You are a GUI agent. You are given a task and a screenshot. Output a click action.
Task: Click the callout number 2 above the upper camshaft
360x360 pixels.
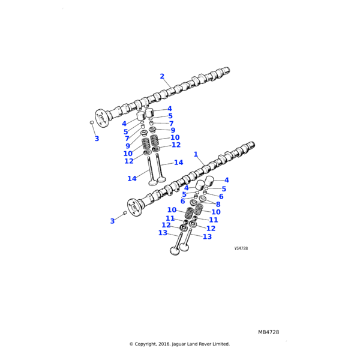coord(162,76)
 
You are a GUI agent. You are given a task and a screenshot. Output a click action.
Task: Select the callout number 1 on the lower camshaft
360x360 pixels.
coord(196,154)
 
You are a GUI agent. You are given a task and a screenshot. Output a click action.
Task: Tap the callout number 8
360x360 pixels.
coord(218,204)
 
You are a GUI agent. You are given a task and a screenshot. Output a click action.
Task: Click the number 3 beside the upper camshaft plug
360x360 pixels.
coord(97,139)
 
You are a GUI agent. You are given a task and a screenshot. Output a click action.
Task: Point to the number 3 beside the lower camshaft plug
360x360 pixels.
coord(112,221)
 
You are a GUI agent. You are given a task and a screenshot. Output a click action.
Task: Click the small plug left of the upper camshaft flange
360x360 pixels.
coord(92,122)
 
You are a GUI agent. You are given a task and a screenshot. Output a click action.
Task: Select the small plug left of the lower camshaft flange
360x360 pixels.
coord(125,213)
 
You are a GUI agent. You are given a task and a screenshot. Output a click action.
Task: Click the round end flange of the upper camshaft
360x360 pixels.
coord(100,117)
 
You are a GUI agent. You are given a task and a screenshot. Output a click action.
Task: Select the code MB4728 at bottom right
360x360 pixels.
coord(269,332)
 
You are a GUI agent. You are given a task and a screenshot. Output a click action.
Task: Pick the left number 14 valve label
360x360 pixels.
coord(132,178)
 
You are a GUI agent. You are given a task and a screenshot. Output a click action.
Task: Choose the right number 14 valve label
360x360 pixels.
coord(178,163)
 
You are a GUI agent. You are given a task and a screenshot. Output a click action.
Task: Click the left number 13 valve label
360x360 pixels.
coord(163,233)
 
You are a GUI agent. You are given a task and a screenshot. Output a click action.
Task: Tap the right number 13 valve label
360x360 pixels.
coord(207,237)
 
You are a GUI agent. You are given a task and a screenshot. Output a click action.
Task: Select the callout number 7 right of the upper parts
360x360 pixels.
coord(171,124)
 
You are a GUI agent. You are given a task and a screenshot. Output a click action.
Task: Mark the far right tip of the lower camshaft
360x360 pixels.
coord(253,145)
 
